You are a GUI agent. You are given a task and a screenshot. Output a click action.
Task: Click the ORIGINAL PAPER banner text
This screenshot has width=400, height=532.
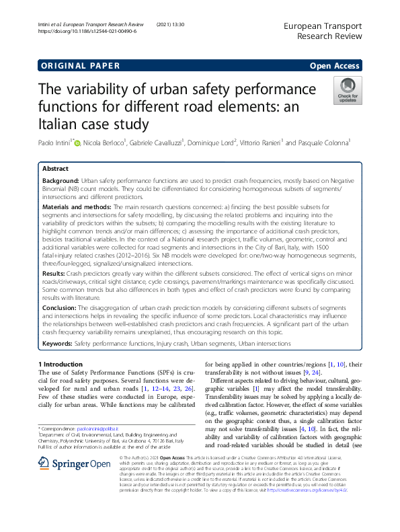[x=80, y=65]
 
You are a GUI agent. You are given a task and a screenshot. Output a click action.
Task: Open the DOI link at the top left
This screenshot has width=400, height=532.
[x=87, y=31]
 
